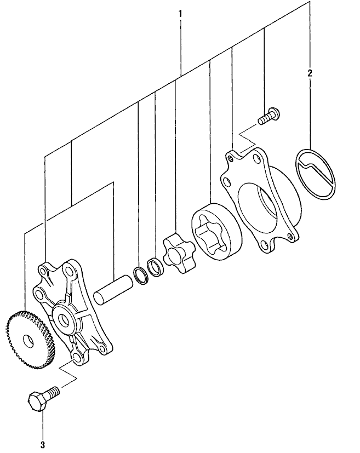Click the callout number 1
tap(180, 14)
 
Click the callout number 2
tap(310, 73)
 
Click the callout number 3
tap(43, 444)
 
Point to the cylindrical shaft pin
tap(113, 290)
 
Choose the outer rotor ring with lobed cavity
tap(216, 232)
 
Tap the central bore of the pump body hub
tap(64, 319)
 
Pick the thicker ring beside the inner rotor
tap(156, 267)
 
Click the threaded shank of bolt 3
tap(53, 392)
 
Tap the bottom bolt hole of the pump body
tap(77, 358)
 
